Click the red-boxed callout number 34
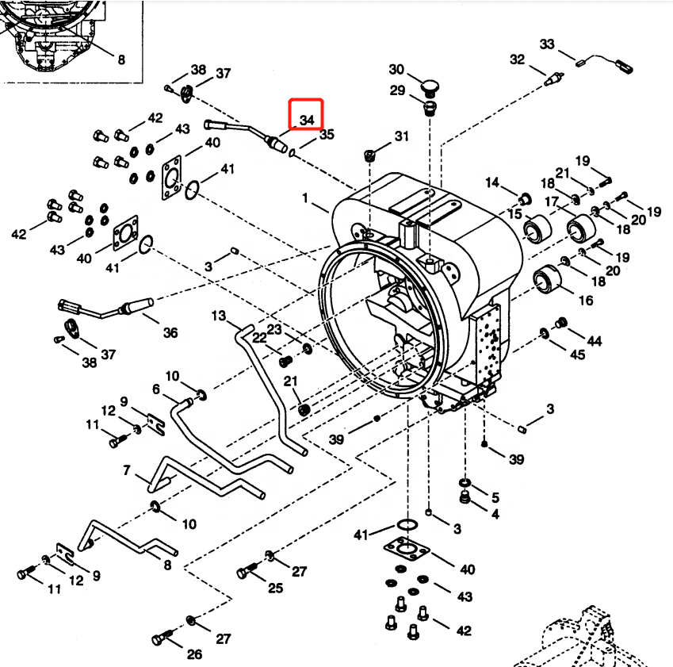307,120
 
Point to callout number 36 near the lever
170,333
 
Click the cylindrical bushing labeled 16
546,278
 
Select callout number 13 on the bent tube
219,316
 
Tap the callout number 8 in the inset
120,59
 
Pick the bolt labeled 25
247,571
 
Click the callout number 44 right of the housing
594,340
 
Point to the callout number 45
578,355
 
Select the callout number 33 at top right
547,44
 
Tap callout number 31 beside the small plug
401,136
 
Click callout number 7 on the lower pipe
127,471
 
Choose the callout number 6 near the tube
156,389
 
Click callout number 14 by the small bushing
491,183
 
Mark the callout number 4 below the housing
495,514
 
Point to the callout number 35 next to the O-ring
327,136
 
